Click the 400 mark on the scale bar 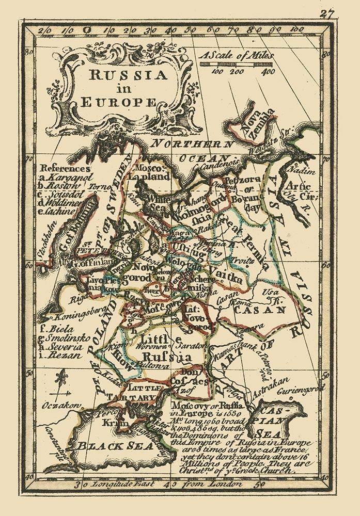[x=268, y=72]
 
